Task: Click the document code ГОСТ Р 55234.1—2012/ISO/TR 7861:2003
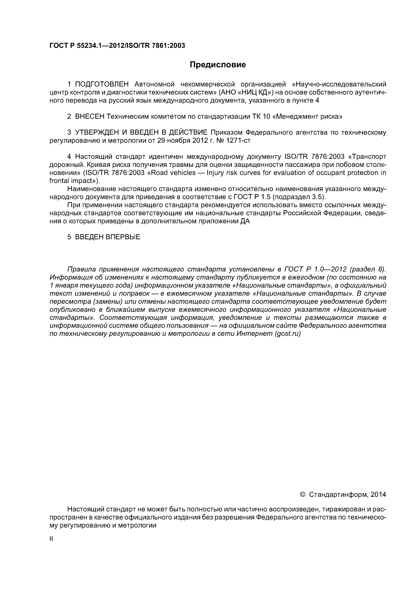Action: click(x=117, y=46)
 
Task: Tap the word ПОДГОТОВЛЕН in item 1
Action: click(x=101, y=84)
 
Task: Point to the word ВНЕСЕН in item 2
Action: click(x=90, y=117)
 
